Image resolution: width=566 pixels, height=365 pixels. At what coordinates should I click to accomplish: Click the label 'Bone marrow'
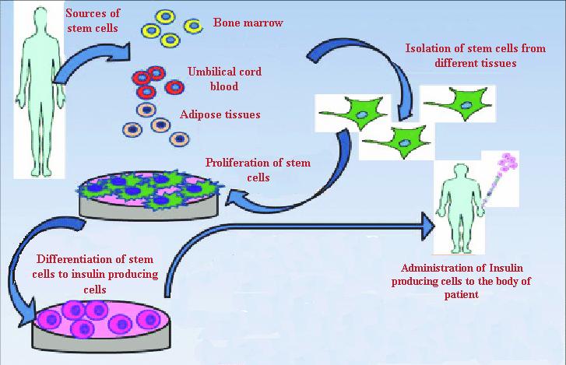coord(248,23)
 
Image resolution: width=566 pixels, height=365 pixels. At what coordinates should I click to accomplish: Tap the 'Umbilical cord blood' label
coord(224,79)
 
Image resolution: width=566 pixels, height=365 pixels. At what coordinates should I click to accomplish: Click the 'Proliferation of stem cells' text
coord(258,169)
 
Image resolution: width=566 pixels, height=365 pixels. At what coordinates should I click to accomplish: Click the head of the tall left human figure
coord(37,20)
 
